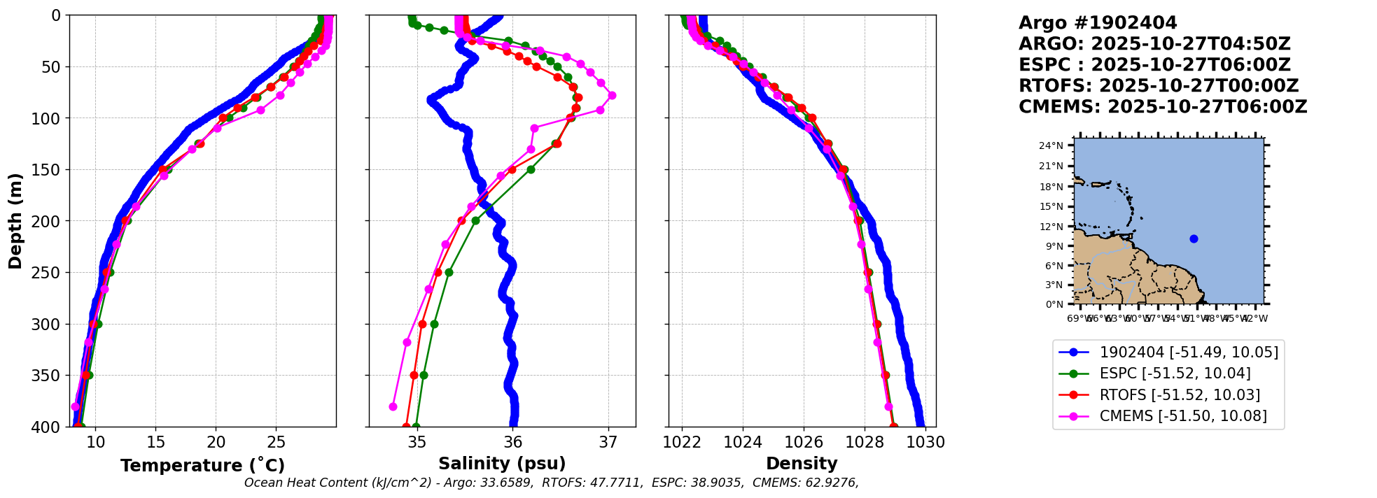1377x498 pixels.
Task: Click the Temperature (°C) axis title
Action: pyautogui.click(x=202, y=465)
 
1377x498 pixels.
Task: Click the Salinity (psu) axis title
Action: pyautogui.click(x=502, y=463)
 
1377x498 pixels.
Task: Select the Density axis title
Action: pyautogui.click(x=802, y=463)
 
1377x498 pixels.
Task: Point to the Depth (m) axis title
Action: pyautogui.click(x=15, y=220)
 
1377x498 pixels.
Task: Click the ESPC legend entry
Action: pyautogui.click(x=1175, y=373)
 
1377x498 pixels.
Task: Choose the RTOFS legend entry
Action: pyautogui.click(x=1180, y=394)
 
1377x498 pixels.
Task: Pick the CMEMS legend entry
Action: pyautogui.click(x=1183, y=416)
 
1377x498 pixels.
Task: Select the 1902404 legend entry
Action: pyautogui.click(x=1189, y=352)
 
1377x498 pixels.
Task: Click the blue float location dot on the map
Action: pyautogui.click(x=1194, y=239)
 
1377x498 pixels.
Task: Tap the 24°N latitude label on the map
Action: pyautogui.click(x=1051, y=145)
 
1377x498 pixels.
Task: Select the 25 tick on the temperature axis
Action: pyautogui.click(x=277, y=442)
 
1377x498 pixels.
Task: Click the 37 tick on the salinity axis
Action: pyautogui.click(x=608, y=442)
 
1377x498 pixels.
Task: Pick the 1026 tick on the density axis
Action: pyautogui.click(x=804, y=442)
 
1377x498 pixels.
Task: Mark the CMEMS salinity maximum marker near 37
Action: pyautogui.click(x=612, y=95)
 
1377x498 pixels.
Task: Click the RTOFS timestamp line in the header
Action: pyautogui.click(x=1159, y=86)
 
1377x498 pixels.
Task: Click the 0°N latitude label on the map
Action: pyautogui.click(x=1054, y=304)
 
